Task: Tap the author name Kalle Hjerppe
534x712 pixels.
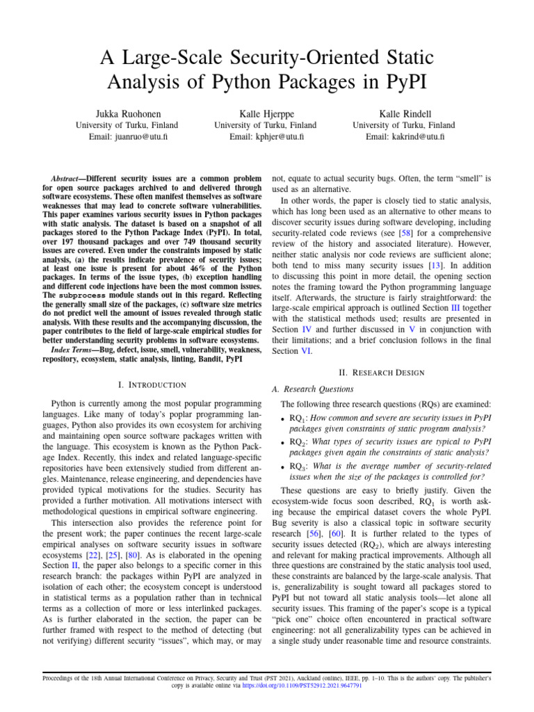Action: tap(267, 113)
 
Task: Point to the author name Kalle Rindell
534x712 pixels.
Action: tap(405, 113)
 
